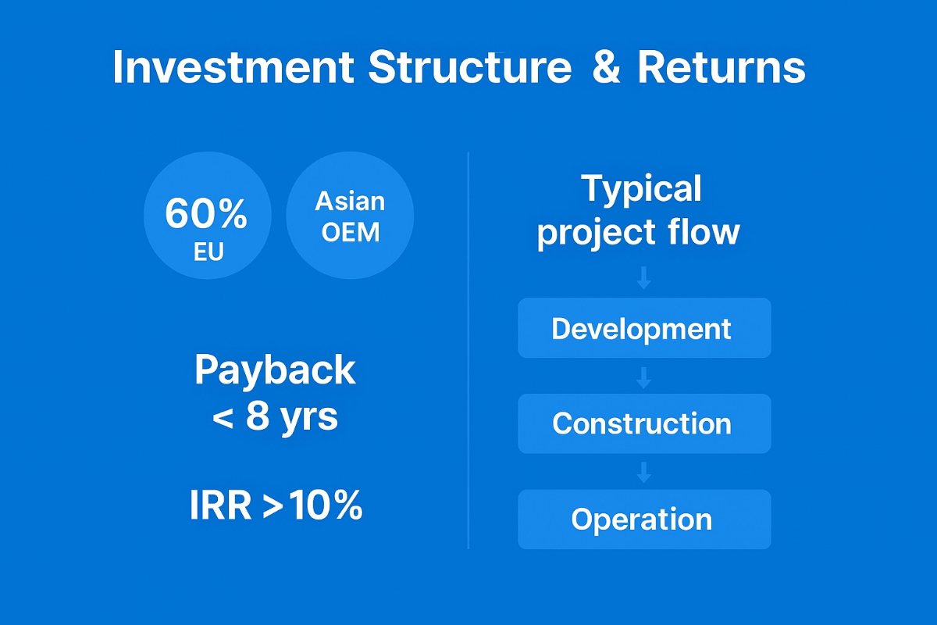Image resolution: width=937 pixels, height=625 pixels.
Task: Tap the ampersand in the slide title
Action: click(606, 67)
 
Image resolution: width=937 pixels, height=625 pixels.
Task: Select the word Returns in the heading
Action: click(721, 67)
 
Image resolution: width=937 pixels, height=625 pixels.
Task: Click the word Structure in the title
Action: click(470, 67)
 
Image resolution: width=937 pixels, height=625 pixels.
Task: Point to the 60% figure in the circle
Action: click(206, 213)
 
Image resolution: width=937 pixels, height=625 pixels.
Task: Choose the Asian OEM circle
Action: click(350, 216)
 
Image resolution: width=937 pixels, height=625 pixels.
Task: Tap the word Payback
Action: click(275, 370)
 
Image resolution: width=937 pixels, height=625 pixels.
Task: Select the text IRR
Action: click(221, 506)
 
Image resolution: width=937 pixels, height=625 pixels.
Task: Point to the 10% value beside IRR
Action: click(326, 506)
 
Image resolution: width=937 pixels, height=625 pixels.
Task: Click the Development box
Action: click(643, 328)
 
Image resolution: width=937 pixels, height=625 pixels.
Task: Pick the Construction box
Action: click(643, 423)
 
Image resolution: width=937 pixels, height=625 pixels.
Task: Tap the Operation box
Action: click(643, 520)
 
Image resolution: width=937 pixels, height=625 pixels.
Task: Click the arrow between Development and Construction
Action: click(643, 377)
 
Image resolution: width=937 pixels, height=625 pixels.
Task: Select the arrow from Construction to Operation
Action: click(643, 472)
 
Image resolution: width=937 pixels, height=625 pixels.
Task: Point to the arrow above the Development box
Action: click(643, 278)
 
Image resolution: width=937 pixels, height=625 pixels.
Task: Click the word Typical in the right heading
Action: click(641, 189)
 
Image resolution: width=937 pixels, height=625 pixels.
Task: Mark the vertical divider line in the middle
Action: click(468, 352)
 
